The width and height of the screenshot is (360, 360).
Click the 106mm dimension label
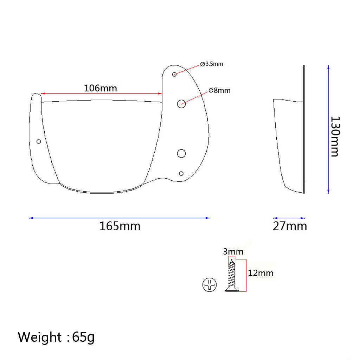(x=100, y=88)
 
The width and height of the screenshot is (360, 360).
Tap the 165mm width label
(x=120, y=226)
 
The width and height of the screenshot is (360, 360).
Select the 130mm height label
(x=335, y=137)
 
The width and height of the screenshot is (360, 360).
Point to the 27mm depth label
(x=290, y=226)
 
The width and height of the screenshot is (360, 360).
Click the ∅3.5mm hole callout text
(x=211, y=64)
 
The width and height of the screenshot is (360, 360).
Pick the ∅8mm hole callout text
(x=219, y=90)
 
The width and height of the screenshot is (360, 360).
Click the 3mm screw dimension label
(x=233, y=252)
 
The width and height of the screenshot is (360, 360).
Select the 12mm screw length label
(x=261, y=273)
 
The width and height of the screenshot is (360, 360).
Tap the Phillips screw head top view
(x=210, y=285)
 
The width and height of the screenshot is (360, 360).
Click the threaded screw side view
(x=232, y=276)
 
